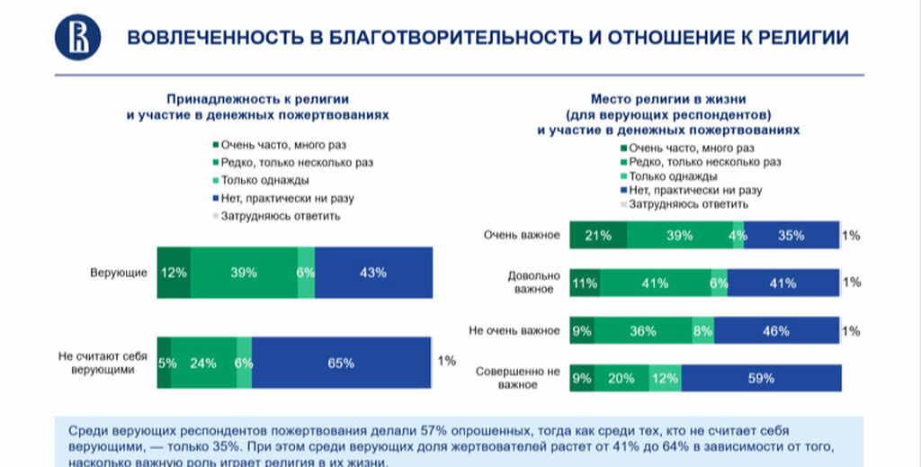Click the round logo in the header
[77, 38]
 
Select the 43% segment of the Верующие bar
[372, 272]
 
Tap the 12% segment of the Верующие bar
[174, 272]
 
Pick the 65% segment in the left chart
[341, 363]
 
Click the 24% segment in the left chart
[203, 363]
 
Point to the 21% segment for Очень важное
[598, 236]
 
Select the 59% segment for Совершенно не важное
[760, 378]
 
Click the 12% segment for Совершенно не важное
[665, 378]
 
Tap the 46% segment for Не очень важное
[776, 330]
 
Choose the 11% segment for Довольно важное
[586, 283]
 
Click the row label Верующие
[118, 272]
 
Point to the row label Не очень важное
[514, 330]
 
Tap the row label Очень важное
[522, 236]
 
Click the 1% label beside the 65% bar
[446, 362]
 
